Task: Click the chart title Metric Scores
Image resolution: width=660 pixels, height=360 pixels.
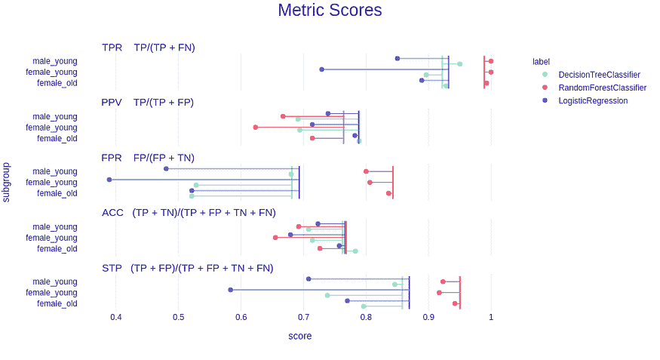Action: (x=330, y=11)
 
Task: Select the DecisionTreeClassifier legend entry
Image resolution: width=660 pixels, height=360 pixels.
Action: (x=599, y=75)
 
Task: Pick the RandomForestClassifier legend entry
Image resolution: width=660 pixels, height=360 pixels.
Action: (x=602, y=88)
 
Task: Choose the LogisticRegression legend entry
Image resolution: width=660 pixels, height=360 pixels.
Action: (x=592, y=100)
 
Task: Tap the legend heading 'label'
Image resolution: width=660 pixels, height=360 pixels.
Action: (x=541, y=61)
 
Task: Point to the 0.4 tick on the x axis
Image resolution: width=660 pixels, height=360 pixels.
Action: (x=115, y=317)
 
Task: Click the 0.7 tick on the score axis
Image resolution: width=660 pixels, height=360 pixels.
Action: (x=303, y=317)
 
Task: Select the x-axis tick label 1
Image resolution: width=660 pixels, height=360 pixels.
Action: (x=491, y=317)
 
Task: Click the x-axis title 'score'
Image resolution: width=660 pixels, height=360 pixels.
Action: (x=299, y=336)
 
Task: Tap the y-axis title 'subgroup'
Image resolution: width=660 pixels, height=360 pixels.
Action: (x=6, y=182)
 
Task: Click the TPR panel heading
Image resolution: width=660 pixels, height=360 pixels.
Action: (x=149, y=48)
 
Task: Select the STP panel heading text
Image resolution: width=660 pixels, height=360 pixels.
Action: (x=187, y=268)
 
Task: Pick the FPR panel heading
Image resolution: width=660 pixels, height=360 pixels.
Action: (x=148, y=158)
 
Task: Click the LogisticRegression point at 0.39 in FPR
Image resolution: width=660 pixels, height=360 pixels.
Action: (x=109, y=180)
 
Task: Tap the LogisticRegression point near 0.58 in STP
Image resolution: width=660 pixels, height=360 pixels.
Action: (x=231, y=290)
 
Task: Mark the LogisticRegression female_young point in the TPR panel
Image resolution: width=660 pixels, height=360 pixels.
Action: (x=322, y=69)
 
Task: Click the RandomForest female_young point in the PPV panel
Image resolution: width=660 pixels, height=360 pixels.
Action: (x=256, y=128)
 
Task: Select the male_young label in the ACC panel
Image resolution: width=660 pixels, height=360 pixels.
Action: (x=54, y=226)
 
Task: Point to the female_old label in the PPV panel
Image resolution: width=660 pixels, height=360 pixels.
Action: (x=57, y=138)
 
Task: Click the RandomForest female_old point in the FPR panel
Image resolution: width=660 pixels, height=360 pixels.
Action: (x=389, y=193)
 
